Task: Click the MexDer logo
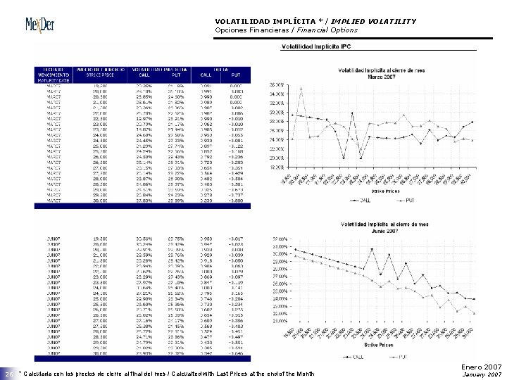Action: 47,23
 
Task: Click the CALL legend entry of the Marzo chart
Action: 358,199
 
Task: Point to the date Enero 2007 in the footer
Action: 483,366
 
